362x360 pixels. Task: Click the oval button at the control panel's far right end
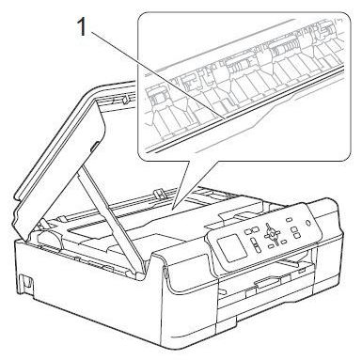(x=307, y=223)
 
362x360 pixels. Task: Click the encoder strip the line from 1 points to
(x=244, y=109)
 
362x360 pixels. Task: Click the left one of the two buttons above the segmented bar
(x=246, y=231)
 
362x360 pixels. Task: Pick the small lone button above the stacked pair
(x=290, y=220)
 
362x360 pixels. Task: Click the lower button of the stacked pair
(x=296, y=235)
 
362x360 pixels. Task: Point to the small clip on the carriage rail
(x=160, y=193)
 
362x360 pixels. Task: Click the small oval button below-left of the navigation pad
(x=270, y=247)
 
